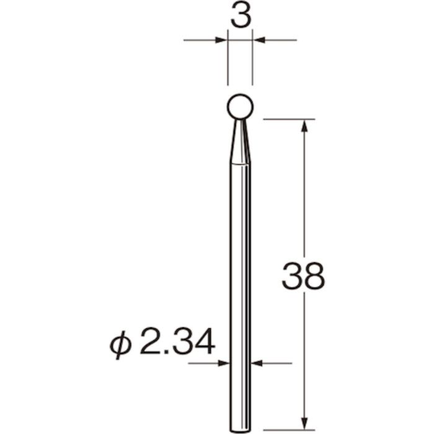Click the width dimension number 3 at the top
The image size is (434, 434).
click(240, 17)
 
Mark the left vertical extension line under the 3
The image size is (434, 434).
click(228, 62)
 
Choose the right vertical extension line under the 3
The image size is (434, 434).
click(253, 62)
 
